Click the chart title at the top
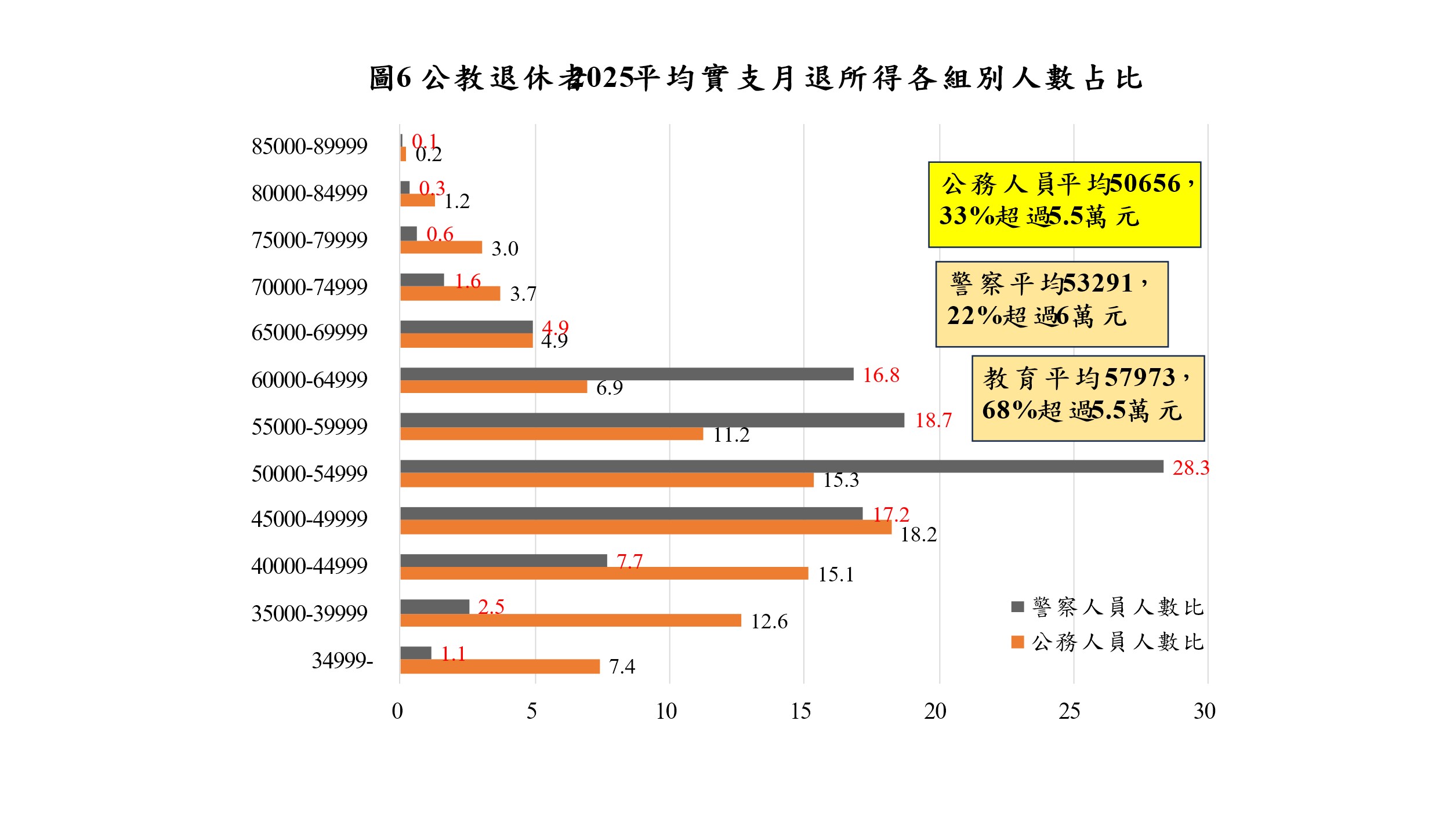pos(755,78)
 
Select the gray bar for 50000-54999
pos(781,466)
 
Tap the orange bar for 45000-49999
pos(645,527)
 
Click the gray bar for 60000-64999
pos(626,374)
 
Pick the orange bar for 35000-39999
pos(570,620)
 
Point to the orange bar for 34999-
pos(499,667)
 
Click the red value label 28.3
pos(1190,468)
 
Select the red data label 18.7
pos(933,420)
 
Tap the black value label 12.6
pos(768,621)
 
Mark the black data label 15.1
pos(835,574)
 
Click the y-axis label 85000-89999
pos(309,146)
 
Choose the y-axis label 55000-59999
pos(309,427)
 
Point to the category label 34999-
pos(342,660)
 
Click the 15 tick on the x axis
pos(800,711)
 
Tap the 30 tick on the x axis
pos(1204,711)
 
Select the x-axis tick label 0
pos(397,711)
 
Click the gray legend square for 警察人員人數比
pos(1017,607)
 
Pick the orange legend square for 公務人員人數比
pos(1017,642)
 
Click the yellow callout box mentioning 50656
pos(1064,205)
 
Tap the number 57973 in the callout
pos(1140,378)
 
